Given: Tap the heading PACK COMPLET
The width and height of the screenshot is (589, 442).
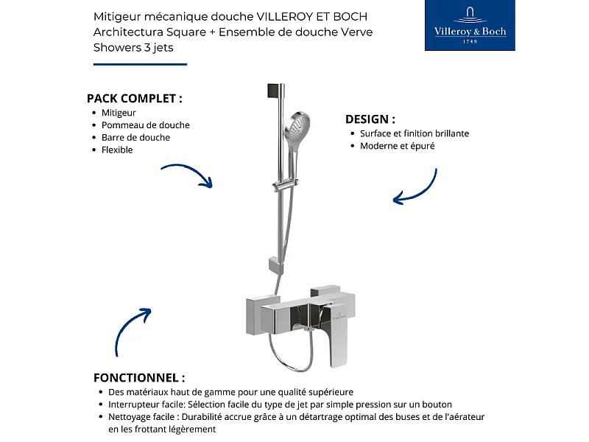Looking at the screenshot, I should coord(134,98).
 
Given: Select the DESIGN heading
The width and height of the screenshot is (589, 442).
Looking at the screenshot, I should coord(370,119).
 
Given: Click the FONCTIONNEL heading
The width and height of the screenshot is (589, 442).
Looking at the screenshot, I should coord(139,378).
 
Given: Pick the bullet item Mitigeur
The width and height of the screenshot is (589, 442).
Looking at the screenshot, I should coord(119,113).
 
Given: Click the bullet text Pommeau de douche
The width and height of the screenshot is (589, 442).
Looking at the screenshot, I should coord(145,125).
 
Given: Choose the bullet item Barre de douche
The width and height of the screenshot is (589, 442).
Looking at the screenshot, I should coord(135,138).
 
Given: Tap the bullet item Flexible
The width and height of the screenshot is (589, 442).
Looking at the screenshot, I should coord(117,150).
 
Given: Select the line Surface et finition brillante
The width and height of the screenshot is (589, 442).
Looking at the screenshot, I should coord(414,134).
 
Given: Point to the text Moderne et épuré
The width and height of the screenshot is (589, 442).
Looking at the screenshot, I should coord(397,146).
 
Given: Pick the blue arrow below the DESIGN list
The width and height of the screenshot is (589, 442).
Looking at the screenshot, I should coord(416,187).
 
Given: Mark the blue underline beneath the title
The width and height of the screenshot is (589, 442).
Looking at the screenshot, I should coord(140,64).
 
